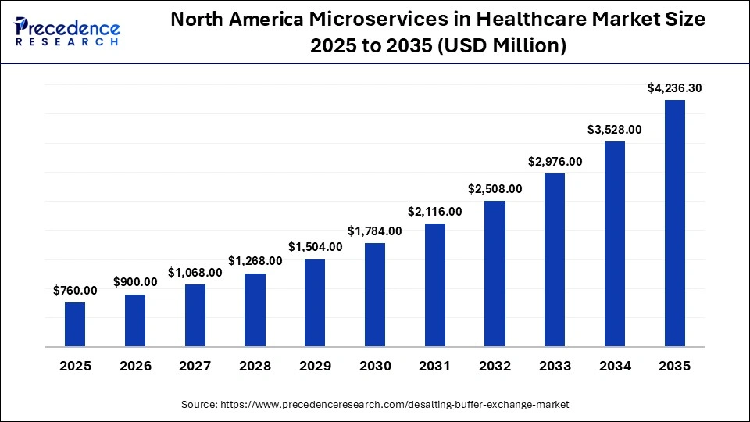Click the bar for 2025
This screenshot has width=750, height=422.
[x=75, y=324]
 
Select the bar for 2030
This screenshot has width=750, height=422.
[x=375, y=295]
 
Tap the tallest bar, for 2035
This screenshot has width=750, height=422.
[x=675, y=223]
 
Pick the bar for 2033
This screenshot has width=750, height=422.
[x=555, y=259]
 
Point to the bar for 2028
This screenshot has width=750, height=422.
[x=255, y=309]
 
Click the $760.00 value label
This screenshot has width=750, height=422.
[x=75, y=290]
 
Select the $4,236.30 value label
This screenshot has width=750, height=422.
[x=675, y=88]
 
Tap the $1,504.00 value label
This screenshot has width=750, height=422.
[x=315, y=247]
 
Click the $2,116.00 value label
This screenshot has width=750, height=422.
[x=435, y=211]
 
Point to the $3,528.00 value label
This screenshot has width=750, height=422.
[x=615, y=130]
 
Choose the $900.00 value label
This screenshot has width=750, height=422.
[x=135, y=282]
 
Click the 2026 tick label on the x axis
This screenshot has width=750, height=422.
[x=135, y=366]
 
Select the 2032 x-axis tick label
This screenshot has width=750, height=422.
[x=495, y=366]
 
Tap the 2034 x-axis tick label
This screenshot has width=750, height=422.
[x=615, y=366]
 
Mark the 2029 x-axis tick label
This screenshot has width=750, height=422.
[x=315, y=366]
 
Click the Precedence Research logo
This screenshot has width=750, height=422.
[x=67, y=31]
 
